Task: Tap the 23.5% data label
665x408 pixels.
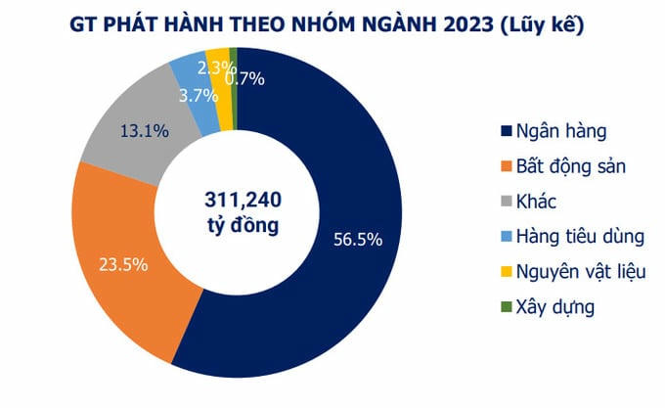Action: (x=123, y=263)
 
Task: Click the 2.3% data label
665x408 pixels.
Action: (x=215, y=68)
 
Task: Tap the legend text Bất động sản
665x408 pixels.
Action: (x=571, y=166)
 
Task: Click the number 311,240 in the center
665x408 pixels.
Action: (x=243, y=200)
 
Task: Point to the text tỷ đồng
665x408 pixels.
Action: (x=243, y=226)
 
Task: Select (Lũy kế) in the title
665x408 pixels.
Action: (x=540, y=26)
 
